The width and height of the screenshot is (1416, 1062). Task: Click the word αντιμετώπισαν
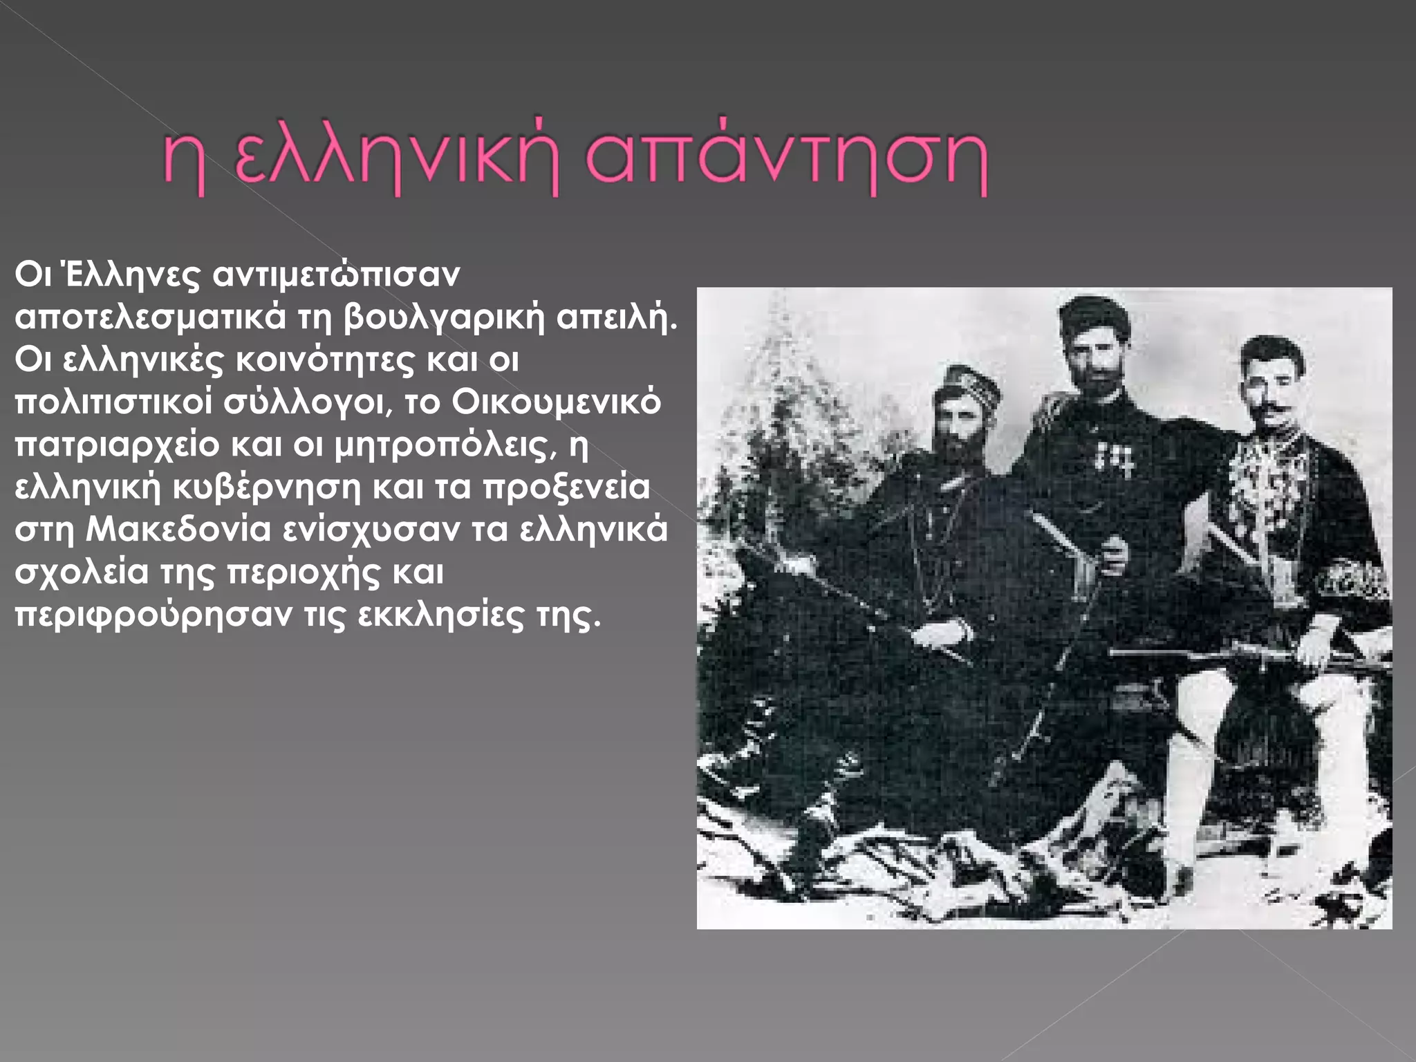coord(336,275)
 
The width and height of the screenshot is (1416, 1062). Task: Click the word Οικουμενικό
coord(557,402)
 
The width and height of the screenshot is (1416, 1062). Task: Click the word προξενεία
coord(566,487)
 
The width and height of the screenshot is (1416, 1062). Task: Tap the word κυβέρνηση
coord(266,487)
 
